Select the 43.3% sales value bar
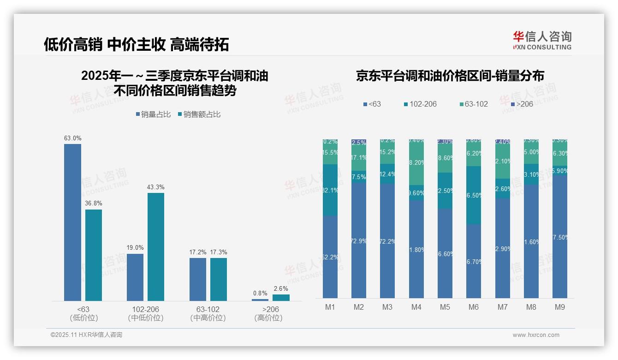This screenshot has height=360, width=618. (156, 247)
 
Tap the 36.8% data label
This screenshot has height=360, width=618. (94, 203)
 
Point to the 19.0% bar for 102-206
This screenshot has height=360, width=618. (135, 277)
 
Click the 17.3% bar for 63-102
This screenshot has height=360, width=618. (219, 279)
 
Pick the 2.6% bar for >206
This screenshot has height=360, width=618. (281, 298)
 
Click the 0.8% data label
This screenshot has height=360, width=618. (260, 293)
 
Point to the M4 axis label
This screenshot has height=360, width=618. (416, 307)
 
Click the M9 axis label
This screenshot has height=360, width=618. (559, 307)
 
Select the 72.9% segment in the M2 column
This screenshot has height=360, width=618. (359, 240)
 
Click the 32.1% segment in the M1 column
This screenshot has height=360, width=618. (330, 190)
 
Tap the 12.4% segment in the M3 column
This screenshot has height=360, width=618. (387, 174)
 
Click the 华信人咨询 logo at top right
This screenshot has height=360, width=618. (542, 40)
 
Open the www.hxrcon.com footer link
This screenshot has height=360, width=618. (536, 335)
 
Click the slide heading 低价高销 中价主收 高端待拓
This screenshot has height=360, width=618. (137, 44)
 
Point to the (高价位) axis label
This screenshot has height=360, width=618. (268, 318)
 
